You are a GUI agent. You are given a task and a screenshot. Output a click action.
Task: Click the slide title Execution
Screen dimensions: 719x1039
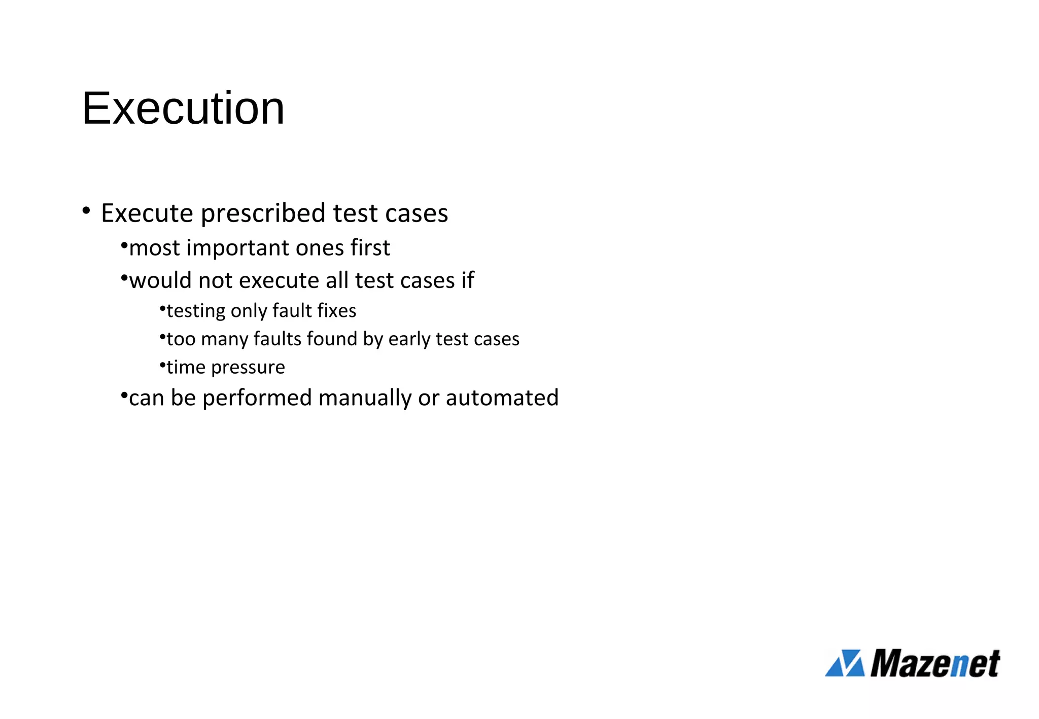(183, 108)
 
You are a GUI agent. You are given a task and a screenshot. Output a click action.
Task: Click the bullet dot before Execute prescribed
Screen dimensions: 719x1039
(86, 210)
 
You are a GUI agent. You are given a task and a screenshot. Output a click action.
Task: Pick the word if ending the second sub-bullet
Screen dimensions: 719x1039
(468, 280)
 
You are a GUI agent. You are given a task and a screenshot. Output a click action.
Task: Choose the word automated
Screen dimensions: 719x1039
(502, 398)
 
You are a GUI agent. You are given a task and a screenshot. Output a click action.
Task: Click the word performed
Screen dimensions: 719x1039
(257, 399)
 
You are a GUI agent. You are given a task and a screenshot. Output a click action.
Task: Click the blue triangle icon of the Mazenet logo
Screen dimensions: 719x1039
(845, 663)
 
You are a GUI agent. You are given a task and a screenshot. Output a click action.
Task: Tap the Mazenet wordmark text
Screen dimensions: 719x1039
(935, 663)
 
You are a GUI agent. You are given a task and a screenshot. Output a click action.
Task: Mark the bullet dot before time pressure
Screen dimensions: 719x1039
(162, 364)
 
